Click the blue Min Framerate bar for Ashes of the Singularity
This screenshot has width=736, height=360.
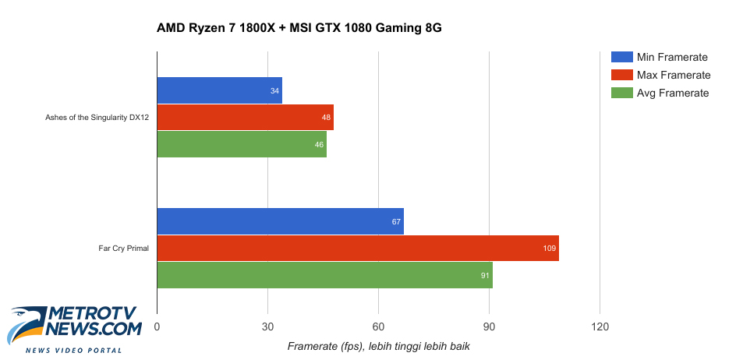pyautogui.click(x=219, y=90)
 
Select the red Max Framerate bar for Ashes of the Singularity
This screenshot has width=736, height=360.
pyautogui.click(x=245, y=117)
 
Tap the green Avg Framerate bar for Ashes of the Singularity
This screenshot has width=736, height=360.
pyautogui.click(x=242, y=143)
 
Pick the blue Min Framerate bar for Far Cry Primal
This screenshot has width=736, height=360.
pyautogui.click(x=280, y=221)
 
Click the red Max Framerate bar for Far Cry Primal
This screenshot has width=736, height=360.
pyautogui.click(x=357, y=248)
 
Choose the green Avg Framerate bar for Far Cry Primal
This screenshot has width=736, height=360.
pyautogui.click(x=324, y=274)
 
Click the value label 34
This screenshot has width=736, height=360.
pyautogui.click(x=274, y=91)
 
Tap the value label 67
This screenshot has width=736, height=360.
pyautogui.click(x=396, y=222)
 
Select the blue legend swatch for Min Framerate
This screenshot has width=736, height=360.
pyautogui.click(x=622, y=57)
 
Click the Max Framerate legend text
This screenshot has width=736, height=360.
pyautogui.click(x=674, y=75)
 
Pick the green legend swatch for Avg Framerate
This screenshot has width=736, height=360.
pyautogui.click(x=622, y=93)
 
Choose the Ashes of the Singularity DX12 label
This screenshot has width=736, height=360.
pyautogui.click(x=97, y=117)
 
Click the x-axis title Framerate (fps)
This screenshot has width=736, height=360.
pyautogui.click(x=379, y=345)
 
